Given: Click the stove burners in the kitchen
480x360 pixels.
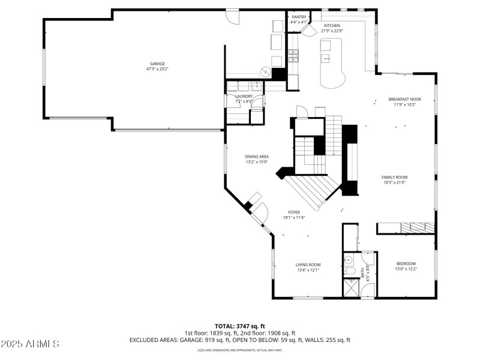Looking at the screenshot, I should point(293,56).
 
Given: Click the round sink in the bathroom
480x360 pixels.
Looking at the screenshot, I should point(348,260).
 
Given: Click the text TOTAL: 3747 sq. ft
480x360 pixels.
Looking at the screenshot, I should point(239,326).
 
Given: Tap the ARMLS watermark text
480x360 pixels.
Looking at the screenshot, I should point(30,344).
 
